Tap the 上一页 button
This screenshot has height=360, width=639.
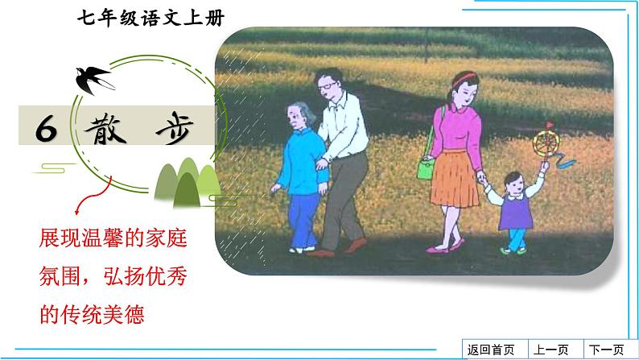click(551, 350)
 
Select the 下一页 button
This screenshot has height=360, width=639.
click(606, 350)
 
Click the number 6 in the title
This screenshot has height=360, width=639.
click(47, 129)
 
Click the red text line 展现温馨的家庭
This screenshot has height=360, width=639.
click(120, 239)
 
